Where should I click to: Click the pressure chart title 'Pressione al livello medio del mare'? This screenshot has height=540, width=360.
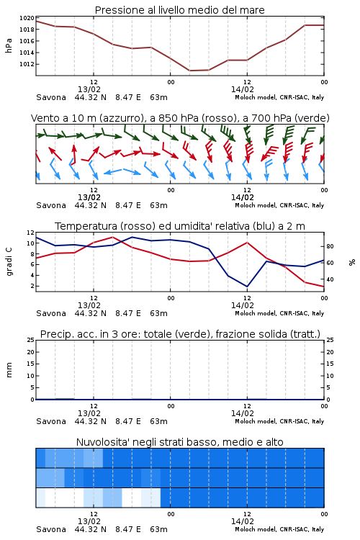point(179,10)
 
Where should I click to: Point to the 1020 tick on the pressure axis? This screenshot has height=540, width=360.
point(27,18)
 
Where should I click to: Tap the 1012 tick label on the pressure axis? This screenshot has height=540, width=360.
point(27,64)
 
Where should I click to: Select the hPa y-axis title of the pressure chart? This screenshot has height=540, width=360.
point(9,45)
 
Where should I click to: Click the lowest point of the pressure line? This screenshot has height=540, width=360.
point(190,71)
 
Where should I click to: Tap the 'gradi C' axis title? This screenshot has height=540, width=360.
point(9,262)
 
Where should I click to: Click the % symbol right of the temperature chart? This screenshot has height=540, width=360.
point(352,262)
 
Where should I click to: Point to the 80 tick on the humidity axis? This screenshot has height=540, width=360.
point(330,246)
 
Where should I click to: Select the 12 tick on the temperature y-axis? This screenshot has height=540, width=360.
point(31,233)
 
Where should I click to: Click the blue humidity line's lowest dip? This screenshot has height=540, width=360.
point(247,287)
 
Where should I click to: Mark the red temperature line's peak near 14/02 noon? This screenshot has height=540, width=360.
point(247,243)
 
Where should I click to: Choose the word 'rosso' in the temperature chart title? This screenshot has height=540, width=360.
point(135,226)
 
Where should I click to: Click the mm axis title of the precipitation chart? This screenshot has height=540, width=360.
point(9,370)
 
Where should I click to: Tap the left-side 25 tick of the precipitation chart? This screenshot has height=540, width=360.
point(31,341)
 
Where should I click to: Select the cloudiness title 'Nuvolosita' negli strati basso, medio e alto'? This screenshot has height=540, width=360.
point(179,442)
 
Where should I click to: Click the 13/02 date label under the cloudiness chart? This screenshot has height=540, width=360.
point(89,521)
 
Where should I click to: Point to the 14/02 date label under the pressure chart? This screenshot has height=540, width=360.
point(243,89)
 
